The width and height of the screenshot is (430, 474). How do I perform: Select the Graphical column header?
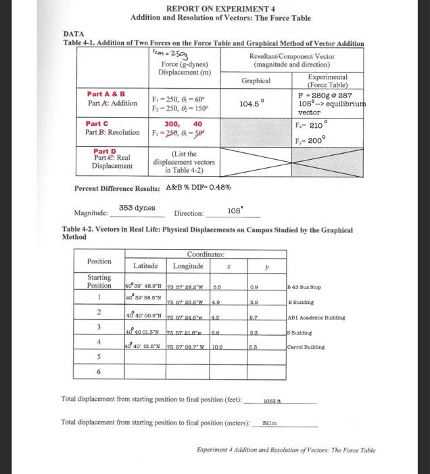click(256, 81)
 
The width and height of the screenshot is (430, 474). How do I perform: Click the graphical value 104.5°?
click(251, 104)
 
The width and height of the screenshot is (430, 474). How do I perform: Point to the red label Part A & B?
click(104, 93)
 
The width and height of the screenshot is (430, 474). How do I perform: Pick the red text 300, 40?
click(183, 124)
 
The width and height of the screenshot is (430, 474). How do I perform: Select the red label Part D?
click(104, 151)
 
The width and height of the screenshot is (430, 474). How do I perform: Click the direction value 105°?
click(235, 210)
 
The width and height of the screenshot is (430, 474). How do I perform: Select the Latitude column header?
click(146, 265)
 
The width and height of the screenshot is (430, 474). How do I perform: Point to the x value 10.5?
click(217, 346)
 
